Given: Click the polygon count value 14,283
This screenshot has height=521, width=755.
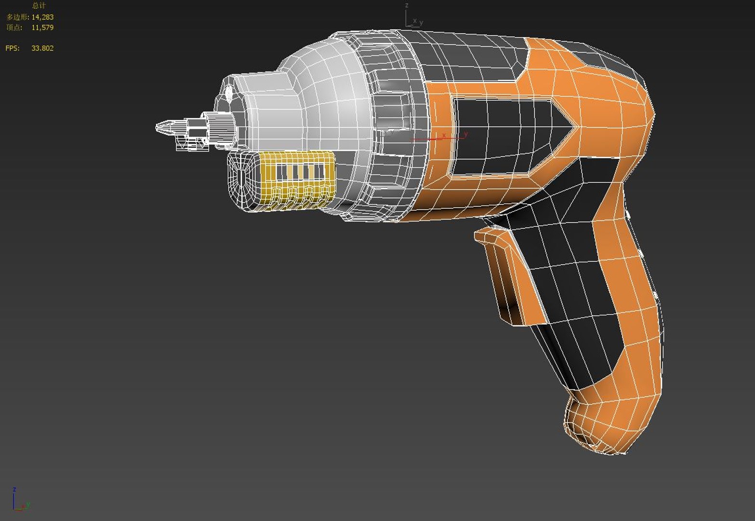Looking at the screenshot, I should pyautogui.click(x=42, y=17).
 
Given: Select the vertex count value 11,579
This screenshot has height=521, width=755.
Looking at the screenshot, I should pyautogui.click(x=42, y=27).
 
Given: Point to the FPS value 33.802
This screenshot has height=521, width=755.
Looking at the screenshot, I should pyautogui.click(x=42, y=48).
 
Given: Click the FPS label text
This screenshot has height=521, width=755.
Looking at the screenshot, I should pyautogui.click(x=13, y=48).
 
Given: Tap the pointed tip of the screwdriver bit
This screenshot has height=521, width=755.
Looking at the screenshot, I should pyautogui.click(x=158, y=127).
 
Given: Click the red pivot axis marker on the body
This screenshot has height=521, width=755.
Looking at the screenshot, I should pyautogui.click(x=441, y=138).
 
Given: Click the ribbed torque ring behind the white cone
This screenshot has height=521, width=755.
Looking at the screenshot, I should pyautogui.click(x=390, y=125).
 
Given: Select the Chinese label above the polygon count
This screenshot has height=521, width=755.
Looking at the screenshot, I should pyautogui.click(x=39, y=6).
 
